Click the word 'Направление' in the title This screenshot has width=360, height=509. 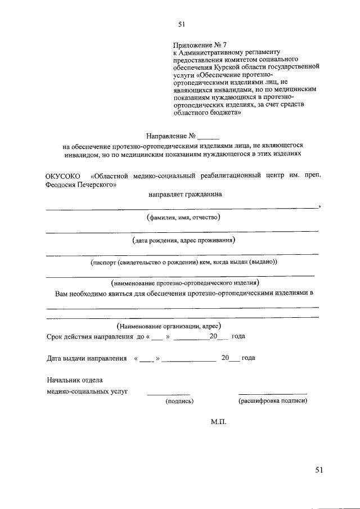point(167,136)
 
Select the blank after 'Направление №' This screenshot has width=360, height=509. point(208,137)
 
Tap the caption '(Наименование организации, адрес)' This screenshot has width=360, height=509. point(169,326)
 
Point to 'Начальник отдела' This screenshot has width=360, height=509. point(74,380)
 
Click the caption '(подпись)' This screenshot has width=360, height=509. point(179,401)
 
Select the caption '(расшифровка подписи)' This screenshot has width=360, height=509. point(273,401)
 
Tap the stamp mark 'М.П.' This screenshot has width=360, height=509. point(218,422)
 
